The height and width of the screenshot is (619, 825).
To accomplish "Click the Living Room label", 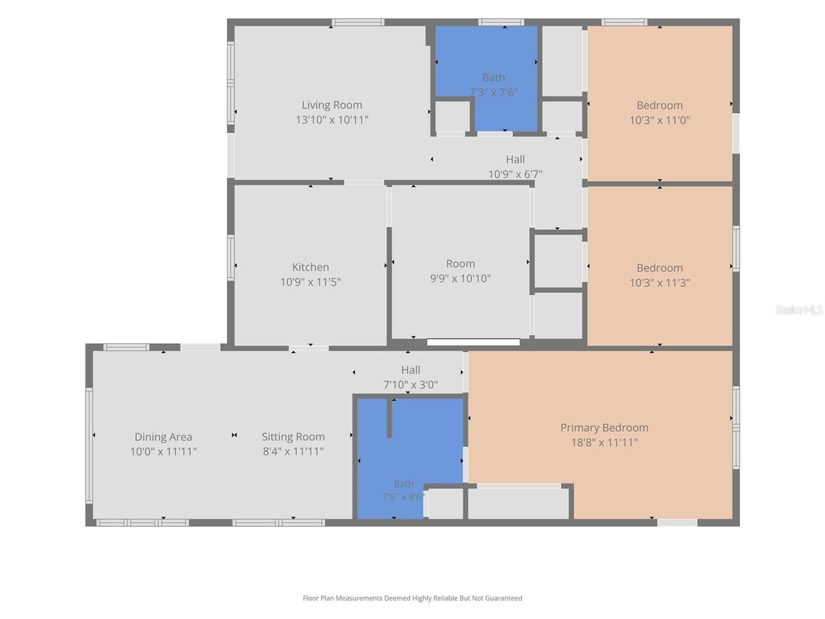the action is click(x=331, y=105).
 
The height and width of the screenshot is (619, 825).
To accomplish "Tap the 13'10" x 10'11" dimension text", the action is click(x=331, y=120).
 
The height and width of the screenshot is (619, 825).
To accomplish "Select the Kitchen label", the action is click(x=310, y=267).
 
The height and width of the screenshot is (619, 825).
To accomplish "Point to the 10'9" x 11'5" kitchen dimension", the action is click(x=310, y=282).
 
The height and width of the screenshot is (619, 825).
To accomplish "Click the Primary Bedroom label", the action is click(x=604, y=428).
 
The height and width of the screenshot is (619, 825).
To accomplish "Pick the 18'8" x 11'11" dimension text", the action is click(x=604, y=442).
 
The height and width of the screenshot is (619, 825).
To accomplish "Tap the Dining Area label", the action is click(x=163, y=437).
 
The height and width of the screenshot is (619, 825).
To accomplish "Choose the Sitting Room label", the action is click(x=293, y=437).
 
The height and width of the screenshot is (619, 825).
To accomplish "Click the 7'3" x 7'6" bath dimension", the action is click(x=493, y=92).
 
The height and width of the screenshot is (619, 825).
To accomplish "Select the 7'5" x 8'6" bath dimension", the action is click(x=404, y=497).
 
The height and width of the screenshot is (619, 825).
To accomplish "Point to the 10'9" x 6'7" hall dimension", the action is click(x=515, y=174).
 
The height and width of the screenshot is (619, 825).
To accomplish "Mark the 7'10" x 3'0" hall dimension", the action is click(x=410, y=384).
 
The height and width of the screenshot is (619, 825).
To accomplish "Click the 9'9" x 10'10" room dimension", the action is click(x=461, y=279).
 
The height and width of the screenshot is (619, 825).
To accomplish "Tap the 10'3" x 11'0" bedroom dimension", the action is click(x=659, y=120).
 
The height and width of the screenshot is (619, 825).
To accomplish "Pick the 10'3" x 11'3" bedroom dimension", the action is click(x=659, y=283).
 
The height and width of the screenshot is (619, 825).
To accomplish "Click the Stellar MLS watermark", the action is click(x=800, y=309).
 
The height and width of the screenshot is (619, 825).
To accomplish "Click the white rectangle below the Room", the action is click(x=473, y=343).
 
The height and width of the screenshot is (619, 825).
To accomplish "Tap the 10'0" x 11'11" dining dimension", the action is click(x=163, y=451).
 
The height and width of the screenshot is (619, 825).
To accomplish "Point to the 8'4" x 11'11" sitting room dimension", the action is click(x=293, y=451).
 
